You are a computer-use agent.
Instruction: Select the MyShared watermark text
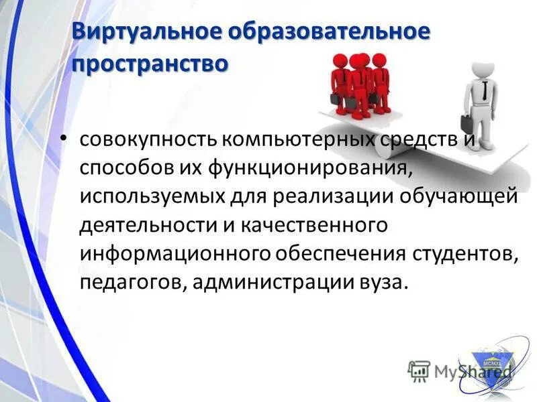(463, 370)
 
